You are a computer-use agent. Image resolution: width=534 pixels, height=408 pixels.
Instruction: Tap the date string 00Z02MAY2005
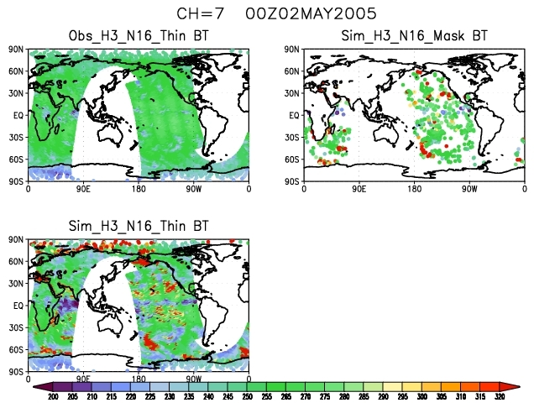(x=299, y=14)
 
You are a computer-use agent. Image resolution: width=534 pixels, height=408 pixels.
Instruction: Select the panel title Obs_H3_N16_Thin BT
(x=139, y=35)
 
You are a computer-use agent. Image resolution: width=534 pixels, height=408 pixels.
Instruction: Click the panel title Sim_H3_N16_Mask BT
(x=413, y=35)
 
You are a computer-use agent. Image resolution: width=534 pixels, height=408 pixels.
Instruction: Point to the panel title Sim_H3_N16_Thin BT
(x=139, y=226)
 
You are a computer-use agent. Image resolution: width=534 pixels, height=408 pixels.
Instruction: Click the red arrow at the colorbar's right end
(x=513, y=386)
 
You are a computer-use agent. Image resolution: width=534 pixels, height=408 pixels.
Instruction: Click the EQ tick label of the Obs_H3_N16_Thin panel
(x=19, y=115)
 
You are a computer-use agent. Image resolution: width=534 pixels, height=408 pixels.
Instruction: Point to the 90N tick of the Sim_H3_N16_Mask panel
(x=291, y=50)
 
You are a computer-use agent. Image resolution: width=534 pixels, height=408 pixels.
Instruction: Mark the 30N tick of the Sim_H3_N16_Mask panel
(x=291, y=93)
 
